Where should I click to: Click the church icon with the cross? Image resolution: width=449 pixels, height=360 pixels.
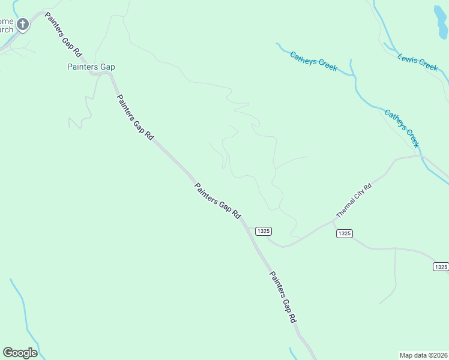tap(23, 25)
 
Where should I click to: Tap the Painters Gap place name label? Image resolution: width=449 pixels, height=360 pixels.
tap(91, 67)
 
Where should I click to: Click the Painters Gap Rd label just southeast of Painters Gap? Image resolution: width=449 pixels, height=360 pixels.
tap(135, 117)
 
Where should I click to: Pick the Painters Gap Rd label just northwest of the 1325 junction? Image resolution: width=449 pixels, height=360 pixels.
tap(217, 200)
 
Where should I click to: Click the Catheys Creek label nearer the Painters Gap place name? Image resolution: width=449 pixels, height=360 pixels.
tap(313, 61)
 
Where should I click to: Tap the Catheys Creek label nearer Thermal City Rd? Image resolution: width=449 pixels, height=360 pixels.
tap(401, 128)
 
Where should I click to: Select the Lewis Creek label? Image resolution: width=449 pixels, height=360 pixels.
tap(418, 62)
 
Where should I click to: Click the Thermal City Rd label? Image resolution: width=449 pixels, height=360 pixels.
tap(354, 201)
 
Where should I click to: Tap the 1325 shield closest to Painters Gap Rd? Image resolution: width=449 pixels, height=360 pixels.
tap(264, 231)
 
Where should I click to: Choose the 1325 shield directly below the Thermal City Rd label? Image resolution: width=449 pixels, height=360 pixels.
tap(344, 233)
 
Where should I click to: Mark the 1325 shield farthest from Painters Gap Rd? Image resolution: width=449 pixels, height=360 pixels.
tap(441, 266)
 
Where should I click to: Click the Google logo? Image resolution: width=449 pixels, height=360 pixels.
tap(20, 353)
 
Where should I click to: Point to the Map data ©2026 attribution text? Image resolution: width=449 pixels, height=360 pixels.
tap(423, 355)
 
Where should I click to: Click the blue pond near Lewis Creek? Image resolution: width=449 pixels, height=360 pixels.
tap(441, 21)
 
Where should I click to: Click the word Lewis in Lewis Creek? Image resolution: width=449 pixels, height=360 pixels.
tap(407, 58)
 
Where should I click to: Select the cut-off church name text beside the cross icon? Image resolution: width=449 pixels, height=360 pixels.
tap(7, 25)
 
